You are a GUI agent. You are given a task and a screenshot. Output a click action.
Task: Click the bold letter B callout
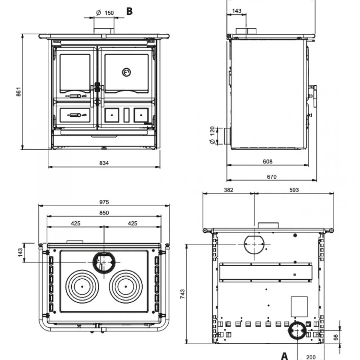click(x=130, y=11)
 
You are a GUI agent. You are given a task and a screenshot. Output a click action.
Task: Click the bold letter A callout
click(x=285, y=356)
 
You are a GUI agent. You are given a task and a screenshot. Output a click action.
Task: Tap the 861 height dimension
click(x=19, y=92)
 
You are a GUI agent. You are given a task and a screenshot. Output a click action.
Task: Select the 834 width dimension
click(x=104, y=163)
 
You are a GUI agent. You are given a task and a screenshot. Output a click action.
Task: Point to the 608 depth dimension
click(x=267, y=161)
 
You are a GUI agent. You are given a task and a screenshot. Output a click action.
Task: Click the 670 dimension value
click(x=272, y=177)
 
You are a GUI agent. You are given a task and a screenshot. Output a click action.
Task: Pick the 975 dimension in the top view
click(x=104, y=202)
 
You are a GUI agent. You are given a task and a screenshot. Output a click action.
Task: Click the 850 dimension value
click(x=104, y=213)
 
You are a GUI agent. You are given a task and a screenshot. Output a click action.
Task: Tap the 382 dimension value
click(x=228, y=190)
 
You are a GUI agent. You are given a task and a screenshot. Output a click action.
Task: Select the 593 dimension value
click(x=294, y=190)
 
